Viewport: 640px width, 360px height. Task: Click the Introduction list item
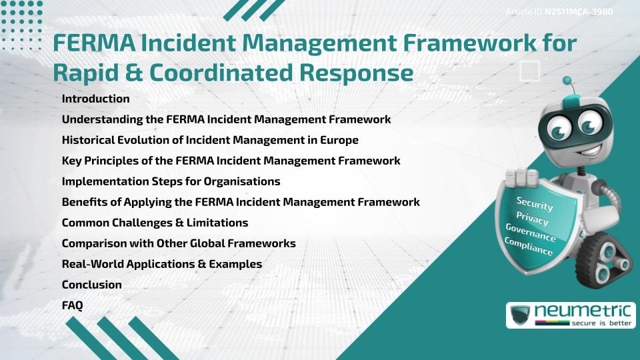95,99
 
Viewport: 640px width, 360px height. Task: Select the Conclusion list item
91,285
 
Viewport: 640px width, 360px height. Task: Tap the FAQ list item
72,305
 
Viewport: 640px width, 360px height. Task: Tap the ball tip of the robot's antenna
568,81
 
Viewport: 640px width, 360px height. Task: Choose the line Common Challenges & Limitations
155,223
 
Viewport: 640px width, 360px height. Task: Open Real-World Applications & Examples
161,264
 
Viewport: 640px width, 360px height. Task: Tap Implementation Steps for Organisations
171,181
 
